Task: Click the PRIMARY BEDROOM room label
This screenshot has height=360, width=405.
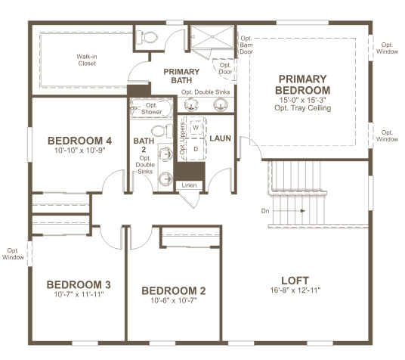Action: click(x=302, y=85)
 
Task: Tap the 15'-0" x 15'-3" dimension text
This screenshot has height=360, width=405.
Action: click(x=302, y=98)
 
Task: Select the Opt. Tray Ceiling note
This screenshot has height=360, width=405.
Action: click(x=302, y=108)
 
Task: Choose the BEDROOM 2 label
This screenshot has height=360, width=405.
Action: click(x=174, y=291)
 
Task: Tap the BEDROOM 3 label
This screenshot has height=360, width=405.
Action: click(x=79, y=284)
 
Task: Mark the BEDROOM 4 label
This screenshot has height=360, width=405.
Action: click(x=79, y=141)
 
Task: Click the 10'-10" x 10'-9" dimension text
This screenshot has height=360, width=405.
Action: click(x=79, y=151)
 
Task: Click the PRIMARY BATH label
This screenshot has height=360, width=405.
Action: click(x=182, y=76)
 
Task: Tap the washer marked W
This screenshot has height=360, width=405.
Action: click(x=195, y=128)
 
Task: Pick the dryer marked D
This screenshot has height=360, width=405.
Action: click(x=195, y=148)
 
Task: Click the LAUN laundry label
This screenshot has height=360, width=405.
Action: click(x=221, y=138)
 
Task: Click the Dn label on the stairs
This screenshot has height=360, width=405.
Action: click(x=264, y=210)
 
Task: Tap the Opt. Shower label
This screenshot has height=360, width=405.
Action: click(x=151, y=109)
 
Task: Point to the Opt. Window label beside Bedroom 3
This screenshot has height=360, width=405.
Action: click(x=13, y=254)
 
